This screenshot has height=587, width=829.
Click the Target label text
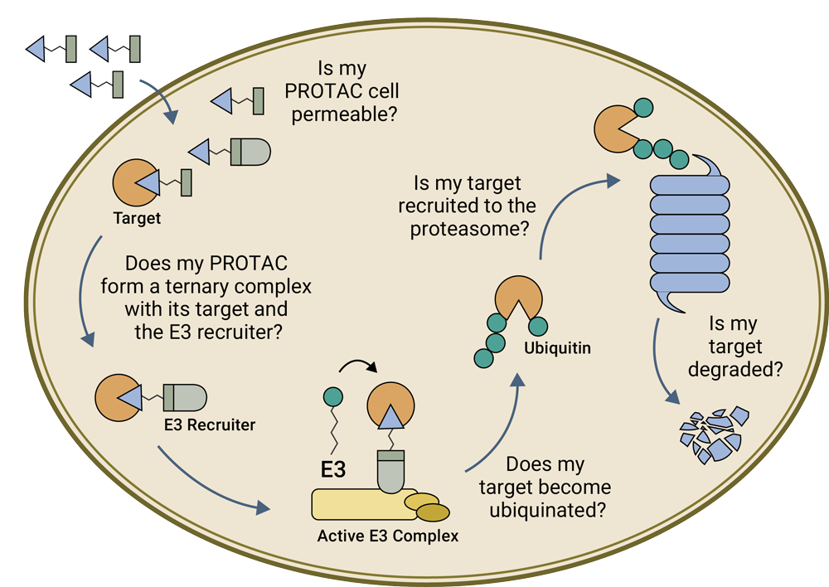(x=137, y=220)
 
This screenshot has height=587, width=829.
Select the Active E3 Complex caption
(x=387, y=536)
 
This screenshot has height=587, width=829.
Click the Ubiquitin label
(x=557, y=348)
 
